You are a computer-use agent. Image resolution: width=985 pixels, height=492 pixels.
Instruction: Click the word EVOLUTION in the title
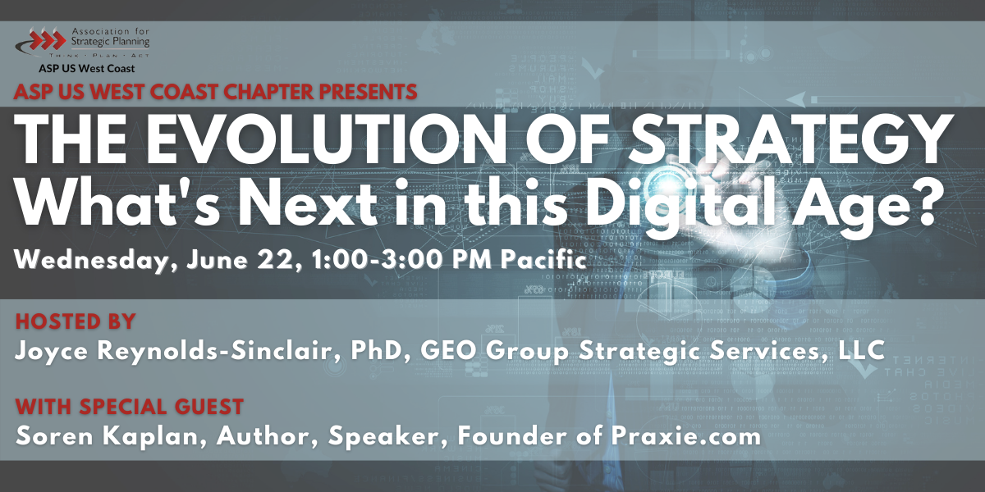point(313,140)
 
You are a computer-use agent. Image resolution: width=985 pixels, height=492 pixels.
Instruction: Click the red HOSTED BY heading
point(75,321)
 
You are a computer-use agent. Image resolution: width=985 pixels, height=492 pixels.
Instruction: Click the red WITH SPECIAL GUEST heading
point(129,406)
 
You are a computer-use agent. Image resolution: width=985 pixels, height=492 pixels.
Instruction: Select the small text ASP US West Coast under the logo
point(86,69)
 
